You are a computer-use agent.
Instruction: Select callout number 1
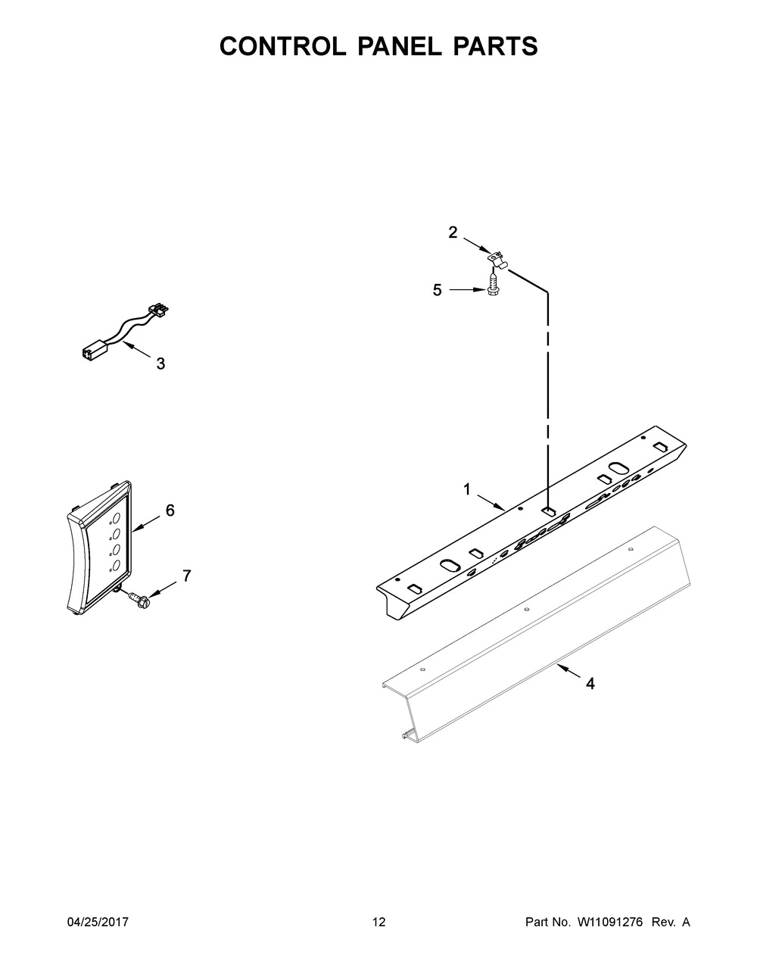467,491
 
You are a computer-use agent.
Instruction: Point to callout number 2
453,233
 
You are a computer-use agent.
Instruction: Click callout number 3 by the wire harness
160,364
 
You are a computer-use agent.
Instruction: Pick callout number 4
590,684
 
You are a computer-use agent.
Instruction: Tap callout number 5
438,290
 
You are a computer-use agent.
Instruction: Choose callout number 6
170,510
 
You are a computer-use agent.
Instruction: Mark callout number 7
186,576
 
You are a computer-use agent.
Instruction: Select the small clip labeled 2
496,259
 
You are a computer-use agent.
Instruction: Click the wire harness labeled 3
125,332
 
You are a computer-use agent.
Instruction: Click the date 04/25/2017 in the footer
98,922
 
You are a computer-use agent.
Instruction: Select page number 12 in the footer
378,922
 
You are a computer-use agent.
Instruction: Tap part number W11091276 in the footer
609,922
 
